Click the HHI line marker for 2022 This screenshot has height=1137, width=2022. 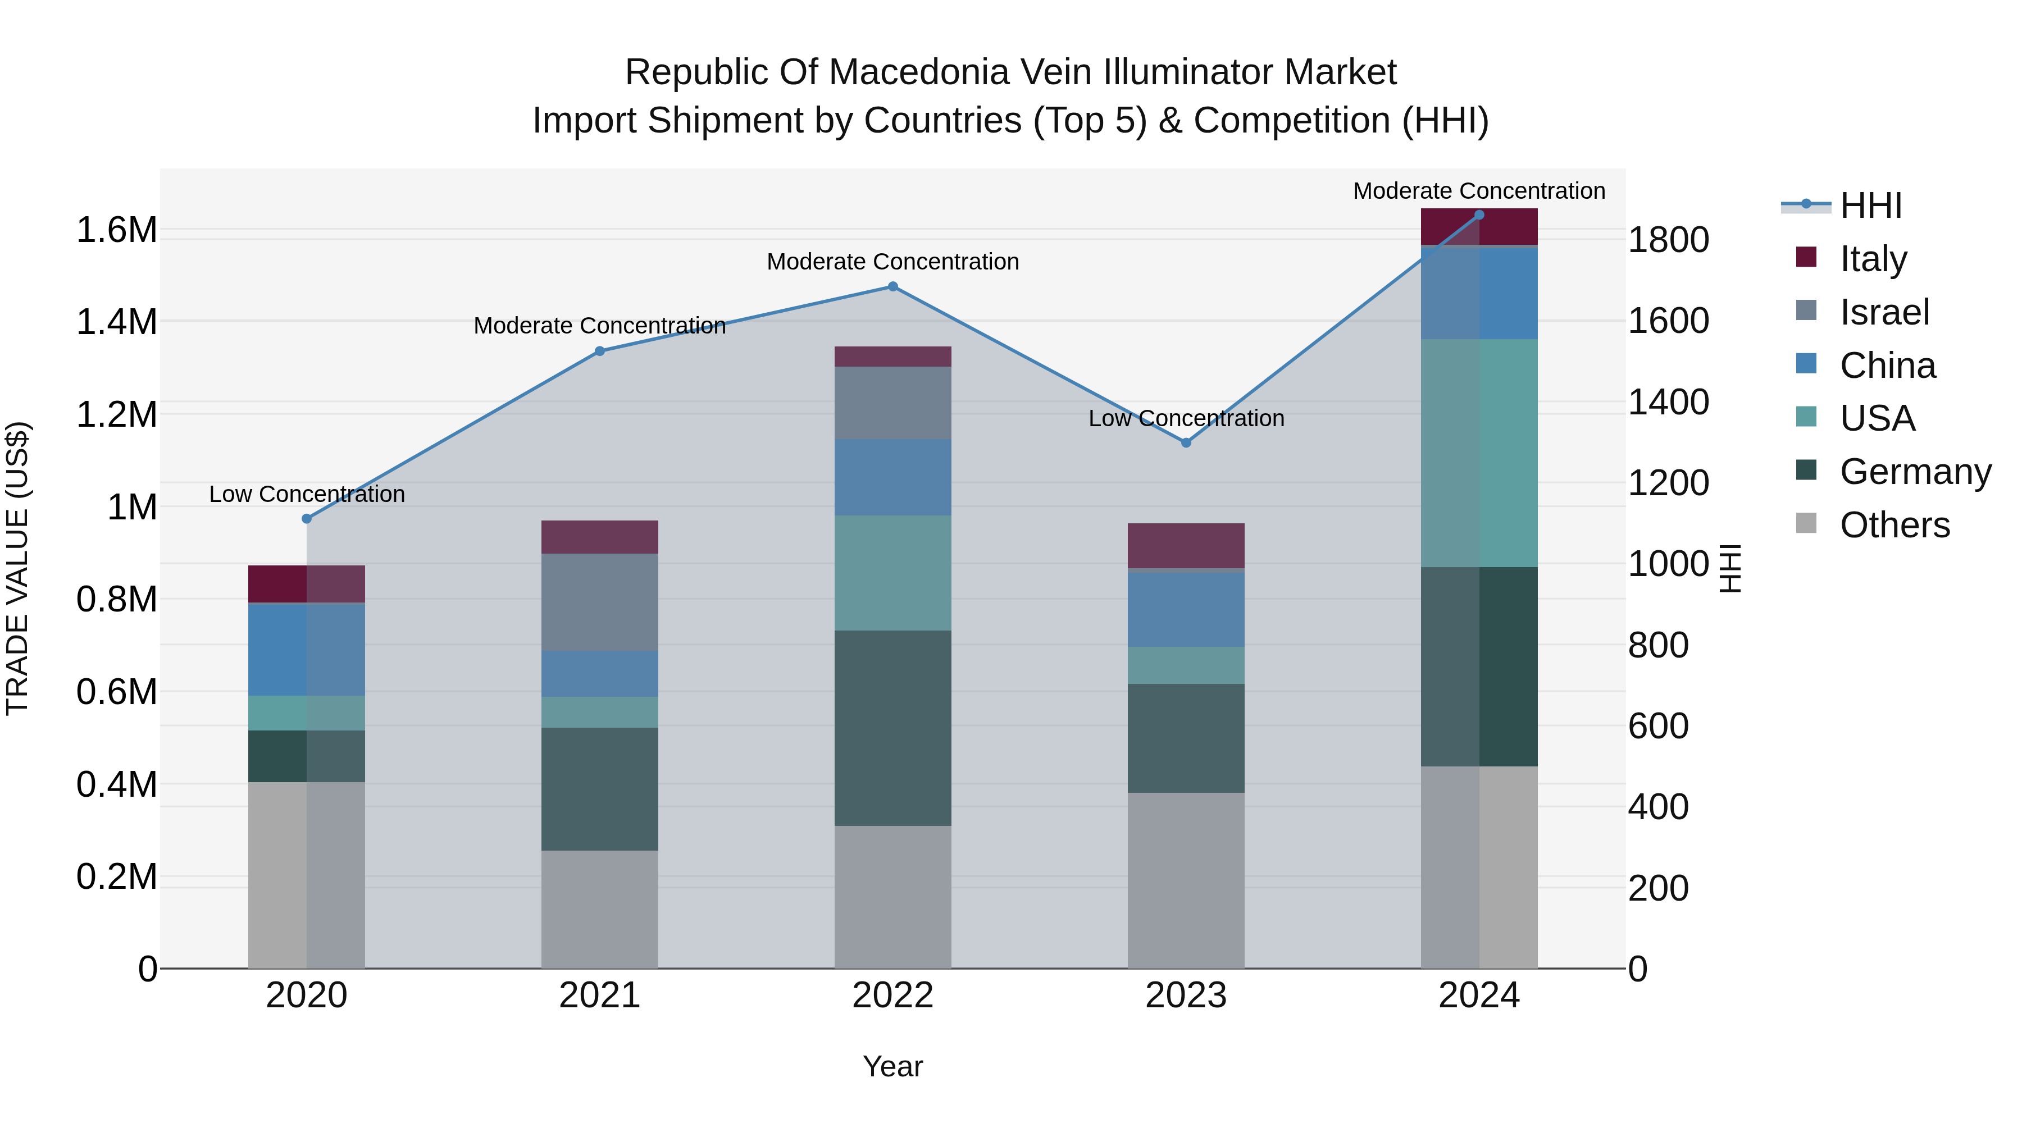pyautogui.click(x=892, y=287)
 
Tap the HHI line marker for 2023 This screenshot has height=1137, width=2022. pyautogui.click(x=1186, y=442)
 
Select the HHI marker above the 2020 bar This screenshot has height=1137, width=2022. pyautogui.click(x=307, y=519)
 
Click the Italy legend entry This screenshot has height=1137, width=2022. pyautogui.click(x=1873, y=258)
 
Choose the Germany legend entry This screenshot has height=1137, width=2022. pyautogui.click(x=1915, y=472)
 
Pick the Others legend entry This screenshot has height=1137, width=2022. pyautogui.click(x=1894, y=525)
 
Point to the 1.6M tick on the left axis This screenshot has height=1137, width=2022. pyautogui.click(x=116, y=231)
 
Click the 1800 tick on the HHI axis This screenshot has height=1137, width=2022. pyautogui.click(x=1668, y=240)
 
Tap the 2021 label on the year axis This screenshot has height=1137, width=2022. pyautogui.click(x=600, y=996)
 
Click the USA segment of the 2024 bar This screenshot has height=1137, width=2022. pyautogui.click(x=1479, y=453)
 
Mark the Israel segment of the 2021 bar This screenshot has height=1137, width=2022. pyautogui.click(x=600, y=602)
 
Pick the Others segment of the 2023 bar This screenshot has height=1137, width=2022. pyautogui.click(x=1186, y=880)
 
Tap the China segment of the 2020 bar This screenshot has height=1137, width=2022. pyautogui.click(x=307, y=649)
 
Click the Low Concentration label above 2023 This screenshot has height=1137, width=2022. pyautogui.click(x=1186, y=418)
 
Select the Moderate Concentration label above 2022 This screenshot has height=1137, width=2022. pyautogui.click(x=892, y=261)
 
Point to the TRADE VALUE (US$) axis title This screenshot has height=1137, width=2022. pyautogui.click(x=17, y=568)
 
